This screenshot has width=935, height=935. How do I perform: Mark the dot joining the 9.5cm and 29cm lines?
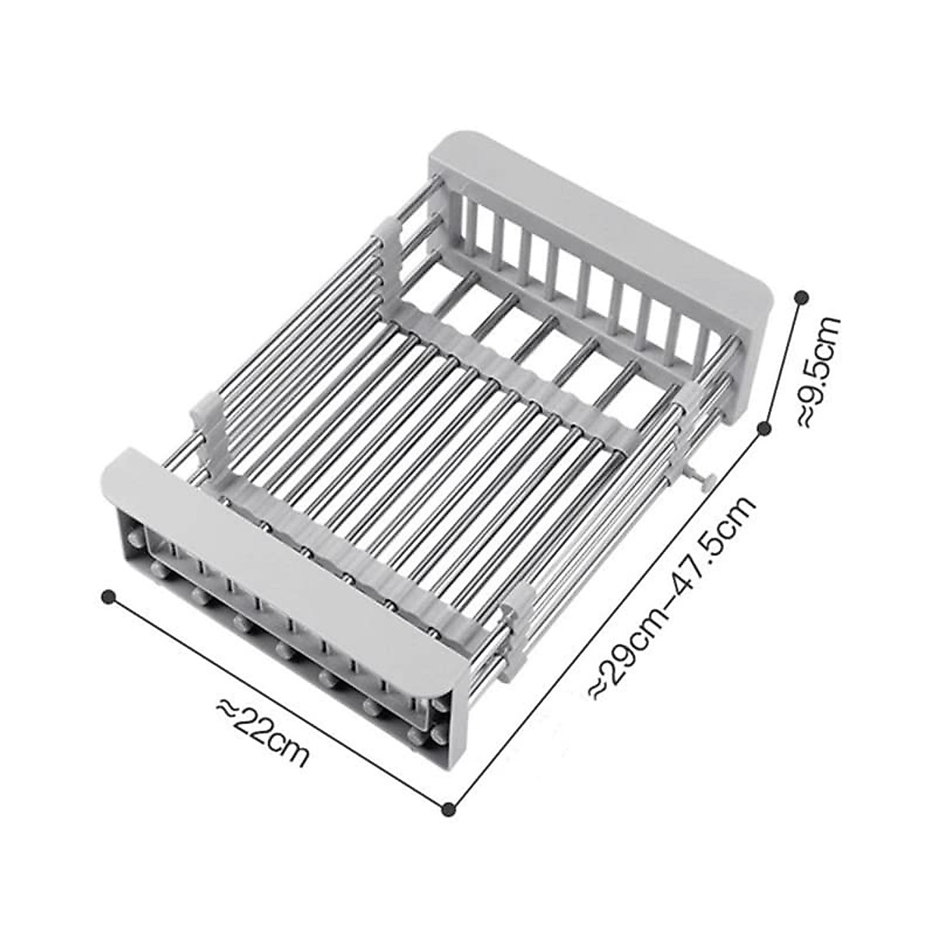(x=764, y=427)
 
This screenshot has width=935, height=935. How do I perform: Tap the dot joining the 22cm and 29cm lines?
(x=448, y=810)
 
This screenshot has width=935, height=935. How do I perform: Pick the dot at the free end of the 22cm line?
(x=110, y=597)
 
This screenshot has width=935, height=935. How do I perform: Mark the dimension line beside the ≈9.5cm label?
(x=784, y=362)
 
